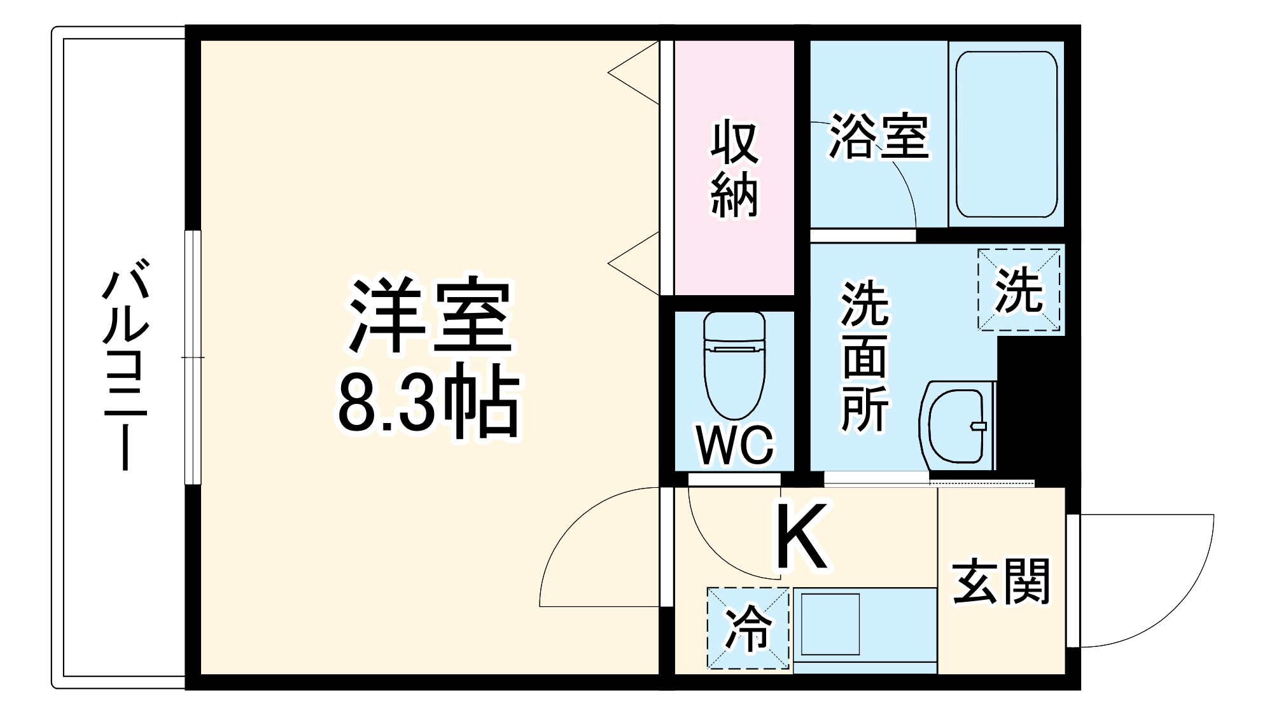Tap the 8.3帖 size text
pyautogui.click(x=428, y=403)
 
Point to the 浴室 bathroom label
pyautogui.click(x=878, y=137)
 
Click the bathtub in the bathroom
pyautogui.click(x=1006, y=134)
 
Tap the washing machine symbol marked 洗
pyautogui.click(x=1019, y=290)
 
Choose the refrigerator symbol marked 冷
pyautogui.click(x=748, y=628)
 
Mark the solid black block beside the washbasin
pyautogui.click(x=1037, y=407)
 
